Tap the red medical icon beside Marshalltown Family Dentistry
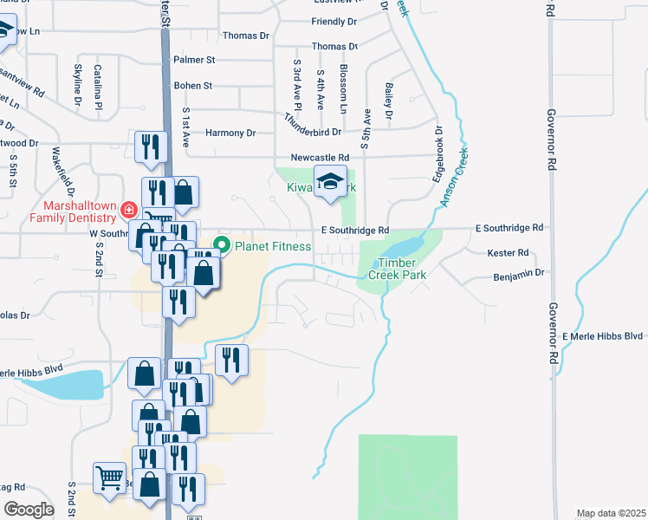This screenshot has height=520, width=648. [x=128, y=209]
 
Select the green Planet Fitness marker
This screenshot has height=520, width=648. [x=222, y=245]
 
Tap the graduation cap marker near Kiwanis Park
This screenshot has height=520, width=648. [x=330, y=182]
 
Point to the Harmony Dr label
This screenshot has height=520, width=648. [x=230, y=133]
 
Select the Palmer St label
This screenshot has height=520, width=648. [x=193, y=60]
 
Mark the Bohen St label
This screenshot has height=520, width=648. [x=192, y=86]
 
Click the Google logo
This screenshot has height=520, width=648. [x=29, y=510]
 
